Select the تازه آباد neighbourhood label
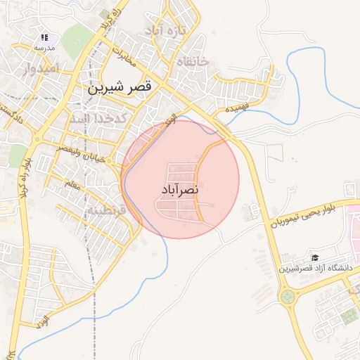click(165, 31)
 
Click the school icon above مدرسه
click(44, 37)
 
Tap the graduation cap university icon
click(316, 258)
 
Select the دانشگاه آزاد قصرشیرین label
click(314, 269)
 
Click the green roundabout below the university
click(288, 297)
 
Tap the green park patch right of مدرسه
click(77, 41)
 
